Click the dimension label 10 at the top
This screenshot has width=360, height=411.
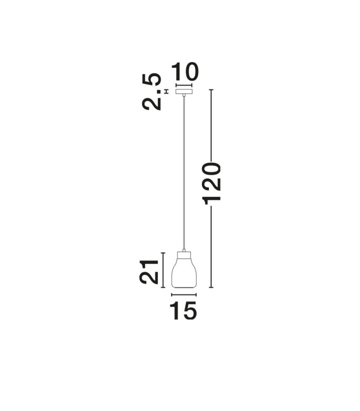(185, 71)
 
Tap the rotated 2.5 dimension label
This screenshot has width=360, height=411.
(151, 92)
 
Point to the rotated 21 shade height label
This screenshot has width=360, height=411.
(149, 272)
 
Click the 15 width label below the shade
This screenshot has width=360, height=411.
(184, 310)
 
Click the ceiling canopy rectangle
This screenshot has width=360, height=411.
(184, 92)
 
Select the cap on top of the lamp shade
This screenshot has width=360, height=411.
(184, 255)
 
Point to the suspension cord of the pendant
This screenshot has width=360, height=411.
(184, 173)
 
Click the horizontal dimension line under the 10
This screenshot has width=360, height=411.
(184, 85)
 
